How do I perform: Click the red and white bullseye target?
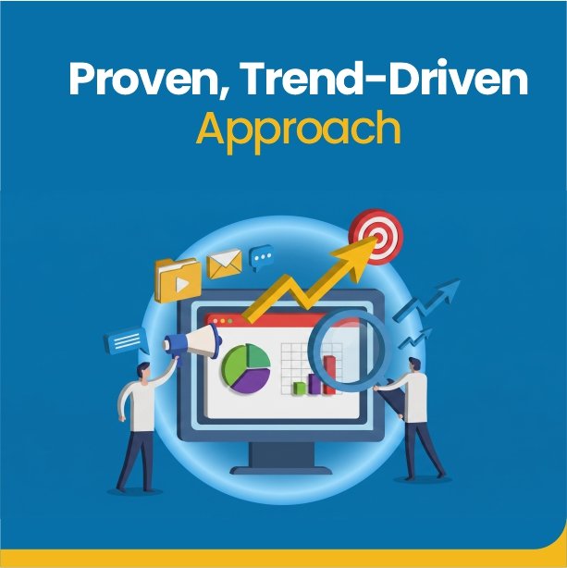coord(376,236)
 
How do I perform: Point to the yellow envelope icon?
coord(224,264)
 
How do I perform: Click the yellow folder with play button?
coord(178,280)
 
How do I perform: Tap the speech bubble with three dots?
coord(261,257)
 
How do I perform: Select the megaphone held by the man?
coord(192,342)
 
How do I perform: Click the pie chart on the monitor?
coord(246,368)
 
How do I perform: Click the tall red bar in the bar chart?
coord(329,375)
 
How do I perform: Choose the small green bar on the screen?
coord(299,388)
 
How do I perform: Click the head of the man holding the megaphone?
coord(143,372)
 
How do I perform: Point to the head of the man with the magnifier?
coord(414,365)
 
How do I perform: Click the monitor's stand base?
coord(281,470)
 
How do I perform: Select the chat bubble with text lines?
coord(126,340)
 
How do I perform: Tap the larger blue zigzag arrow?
coord(426,300)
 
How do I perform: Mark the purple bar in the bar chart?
coord(314,384)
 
